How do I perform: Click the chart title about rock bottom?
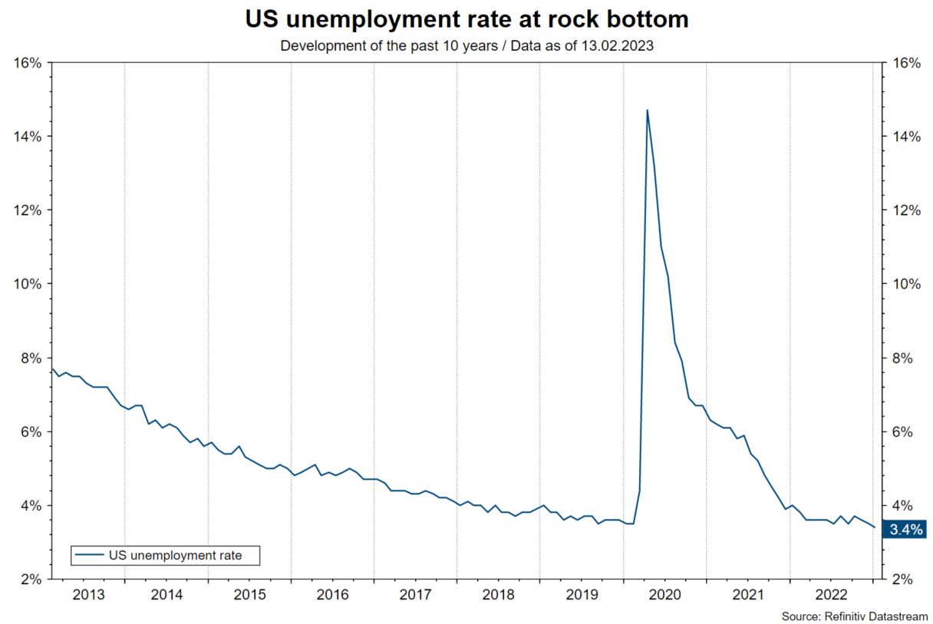click(x=466, y=19)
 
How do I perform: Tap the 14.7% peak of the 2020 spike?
click(x=647, y=110)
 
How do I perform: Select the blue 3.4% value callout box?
click(x=905, y=528)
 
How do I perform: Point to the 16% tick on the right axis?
click(x=905, y=62)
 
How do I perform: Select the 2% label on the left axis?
click(x=31, y=579)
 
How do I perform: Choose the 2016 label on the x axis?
click(x=332, y=594)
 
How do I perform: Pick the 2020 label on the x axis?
click(x=664, y=594)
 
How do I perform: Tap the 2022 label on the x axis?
click(x=831, y=594)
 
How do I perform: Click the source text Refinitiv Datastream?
click(x=854, y=616)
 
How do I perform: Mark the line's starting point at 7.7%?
click(x=51, y=368)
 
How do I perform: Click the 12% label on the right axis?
click(x=905, y=210)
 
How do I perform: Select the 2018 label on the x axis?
click(x=499, y=594)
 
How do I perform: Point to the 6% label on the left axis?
click(x=31, y=432)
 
